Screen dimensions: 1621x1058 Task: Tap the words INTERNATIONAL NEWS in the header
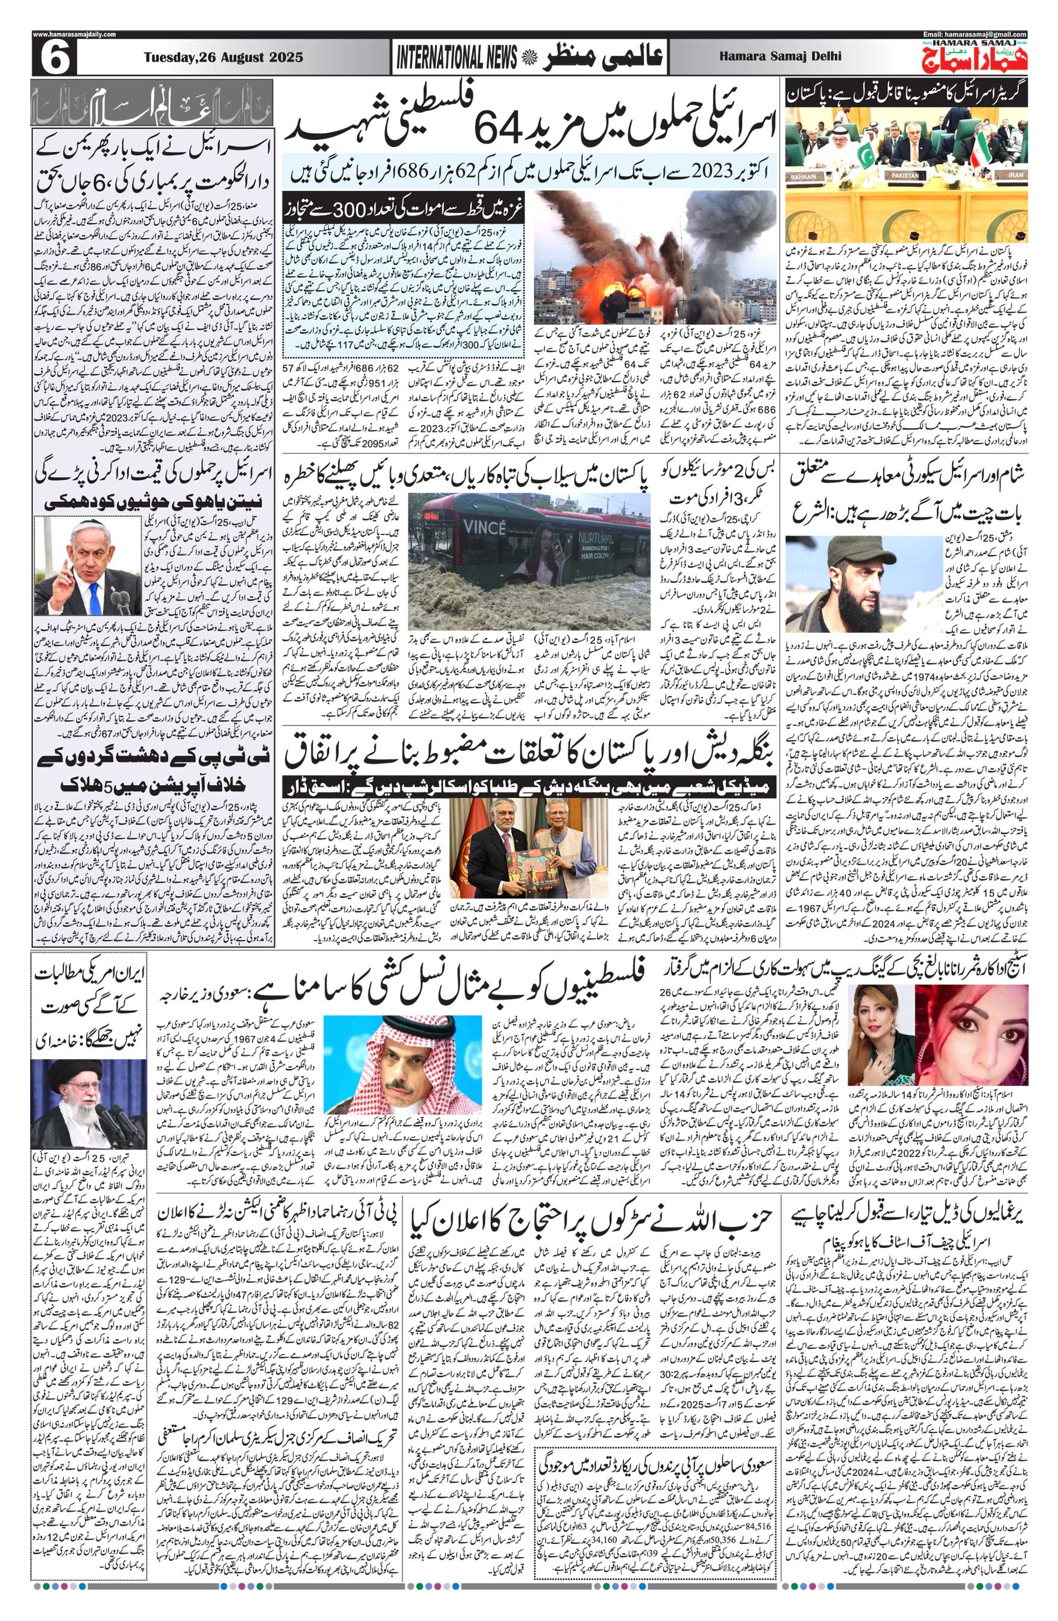pos(457,59)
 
